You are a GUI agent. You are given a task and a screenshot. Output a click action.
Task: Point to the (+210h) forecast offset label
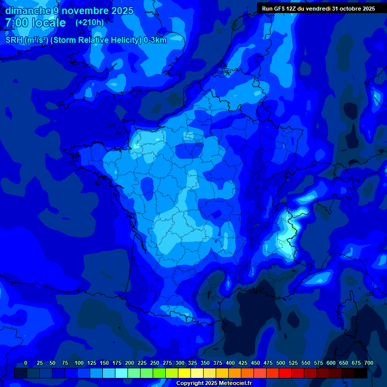click(x=89, y=23)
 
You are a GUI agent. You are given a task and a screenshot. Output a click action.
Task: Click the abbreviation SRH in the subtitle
click(x=14, y=40)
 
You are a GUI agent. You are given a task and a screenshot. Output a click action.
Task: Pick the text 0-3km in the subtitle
click(x=155, y=40)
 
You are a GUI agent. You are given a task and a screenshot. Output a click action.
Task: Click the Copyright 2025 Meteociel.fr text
click(x=214, y=383)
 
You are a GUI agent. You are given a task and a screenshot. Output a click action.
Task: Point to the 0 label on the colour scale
click(x=26, y=363)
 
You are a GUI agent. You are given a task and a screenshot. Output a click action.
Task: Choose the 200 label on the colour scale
click(x=130, y=363)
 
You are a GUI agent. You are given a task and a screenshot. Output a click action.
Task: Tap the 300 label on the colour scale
click(x=180, y=363)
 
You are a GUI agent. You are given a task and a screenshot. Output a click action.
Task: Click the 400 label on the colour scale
click(x=230, y=363)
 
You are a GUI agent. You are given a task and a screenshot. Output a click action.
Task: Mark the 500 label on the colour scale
click(x=281, y=363)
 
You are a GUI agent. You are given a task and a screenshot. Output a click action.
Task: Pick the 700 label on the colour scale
click(x=368, y=363)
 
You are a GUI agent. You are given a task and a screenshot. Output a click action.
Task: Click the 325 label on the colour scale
click(x=192, y=363)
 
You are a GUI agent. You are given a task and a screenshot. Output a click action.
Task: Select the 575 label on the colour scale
click(x=318, y=363)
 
